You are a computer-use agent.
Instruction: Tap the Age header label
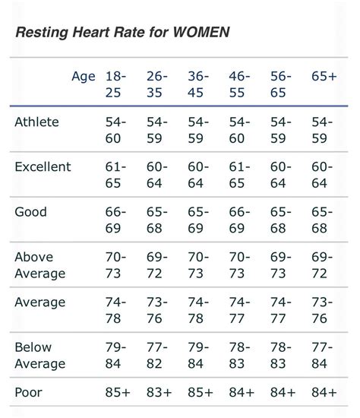(84, 76)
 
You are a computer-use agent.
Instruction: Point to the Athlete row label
(36, 122)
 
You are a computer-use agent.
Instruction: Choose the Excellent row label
(43, 166)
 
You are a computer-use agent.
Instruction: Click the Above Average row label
(40, 264)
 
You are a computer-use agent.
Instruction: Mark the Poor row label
(29, 392)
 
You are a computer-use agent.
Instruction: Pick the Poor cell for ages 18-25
(118, 392)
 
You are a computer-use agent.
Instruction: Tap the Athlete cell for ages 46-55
(238, 130)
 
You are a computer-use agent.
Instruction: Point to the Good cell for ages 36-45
(196, 220)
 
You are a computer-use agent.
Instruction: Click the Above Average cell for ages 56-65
(278, 264)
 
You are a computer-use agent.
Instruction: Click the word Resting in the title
(42, 33)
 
